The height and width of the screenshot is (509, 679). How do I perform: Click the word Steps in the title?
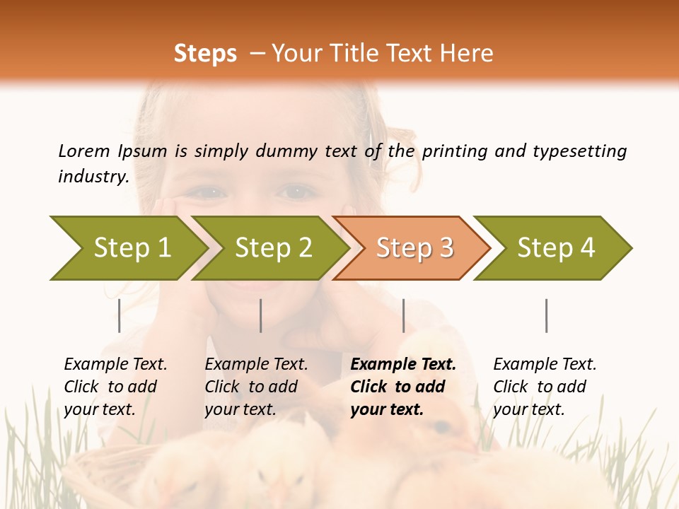205,54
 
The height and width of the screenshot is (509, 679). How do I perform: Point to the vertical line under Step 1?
120,315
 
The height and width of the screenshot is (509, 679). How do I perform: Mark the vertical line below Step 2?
261,315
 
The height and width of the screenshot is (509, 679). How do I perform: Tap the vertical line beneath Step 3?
403,315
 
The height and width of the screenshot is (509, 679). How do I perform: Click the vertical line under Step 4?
546,315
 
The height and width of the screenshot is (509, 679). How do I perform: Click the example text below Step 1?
115,387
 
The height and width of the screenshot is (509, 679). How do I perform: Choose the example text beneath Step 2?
256,387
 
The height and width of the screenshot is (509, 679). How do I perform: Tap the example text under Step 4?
545,387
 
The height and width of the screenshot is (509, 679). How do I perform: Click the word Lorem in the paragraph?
83,151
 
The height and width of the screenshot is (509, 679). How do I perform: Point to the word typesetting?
579,151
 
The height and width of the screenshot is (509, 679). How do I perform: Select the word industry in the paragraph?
93,177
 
